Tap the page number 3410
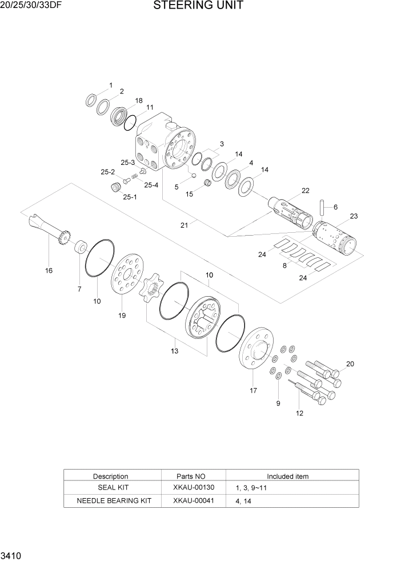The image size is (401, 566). pos(12,555)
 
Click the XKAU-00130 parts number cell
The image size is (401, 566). pos(193,488)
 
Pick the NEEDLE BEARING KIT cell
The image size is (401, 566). pos(114,501)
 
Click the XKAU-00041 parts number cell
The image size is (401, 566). pos(193,501)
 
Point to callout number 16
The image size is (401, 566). pos(49,270)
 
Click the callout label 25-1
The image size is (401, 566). pos(130,197)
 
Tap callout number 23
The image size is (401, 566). pos(354,216)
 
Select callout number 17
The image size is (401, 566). pos(253,391)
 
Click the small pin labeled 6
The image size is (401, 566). pos(323,204)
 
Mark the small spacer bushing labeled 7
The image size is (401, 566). pos(81,248)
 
